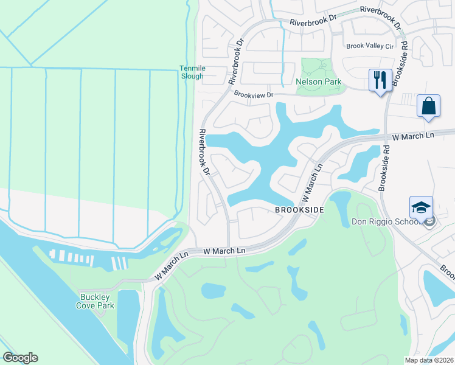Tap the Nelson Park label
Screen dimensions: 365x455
point(318,82)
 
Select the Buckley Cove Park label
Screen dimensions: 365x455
point(97,301)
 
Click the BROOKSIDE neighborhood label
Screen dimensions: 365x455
point(298,209)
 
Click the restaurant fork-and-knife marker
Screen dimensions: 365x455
point(380,80)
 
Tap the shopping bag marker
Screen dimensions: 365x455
point(428,106)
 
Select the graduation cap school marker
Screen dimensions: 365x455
point(421,208)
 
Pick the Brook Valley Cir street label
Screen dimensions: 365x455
point(370,46)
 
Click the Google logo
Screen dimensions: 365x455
point(20,358)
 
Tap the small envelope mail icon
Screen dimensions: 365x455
point(429,223)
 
